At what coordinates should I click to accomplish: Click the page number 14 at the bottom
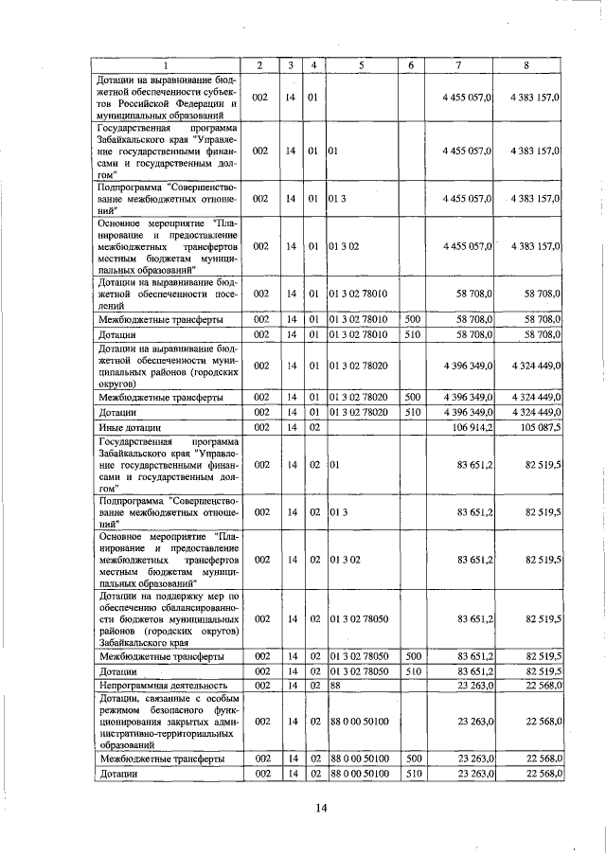[321, 807]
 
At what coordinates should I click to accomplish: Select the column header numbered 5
[361, 64]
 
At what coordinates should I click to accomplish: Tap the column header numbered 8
[527, 64]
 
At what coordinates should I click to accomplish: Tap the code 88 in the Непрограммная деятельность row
[335, 685]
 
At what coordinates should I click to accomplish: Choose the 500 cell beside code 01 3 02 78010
[412, 320]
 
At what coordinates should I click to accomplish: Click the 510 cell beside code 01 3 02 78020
[412, 412]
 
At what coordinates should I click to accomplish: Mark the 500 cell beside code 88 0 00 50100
[412, 759]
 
